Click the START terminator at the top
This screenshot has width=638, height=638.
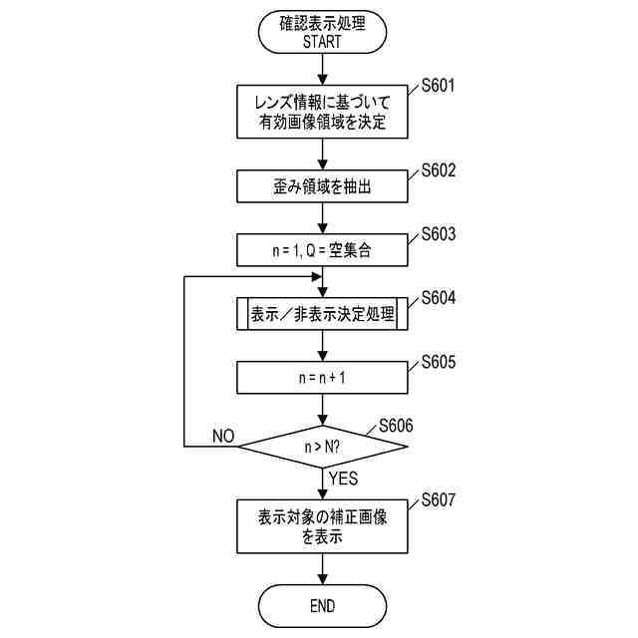click(x=322, y=32)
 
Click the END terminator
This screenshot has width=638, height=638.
click(x=322, y=606)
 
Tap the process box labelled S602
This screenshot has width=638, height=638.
click(x=322, y=186)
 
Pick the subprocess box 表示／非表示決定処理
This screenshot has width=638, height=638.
click(x=322, y=314)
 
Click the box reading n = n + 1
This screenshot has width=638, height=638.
click(x=322, y=378)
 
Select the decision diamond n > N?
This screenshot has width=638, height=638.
click(x=322, y=447)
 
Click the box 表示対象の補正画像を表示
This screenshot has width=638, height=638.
click(x=322, y=525)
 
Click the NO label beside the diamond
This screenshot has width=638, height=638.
click(x=223, y=437)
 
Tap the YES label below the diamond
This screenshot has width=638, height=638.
click(x=342, y=479)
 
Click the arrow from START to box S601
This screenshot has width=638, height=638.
click(x=322, y=70)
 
